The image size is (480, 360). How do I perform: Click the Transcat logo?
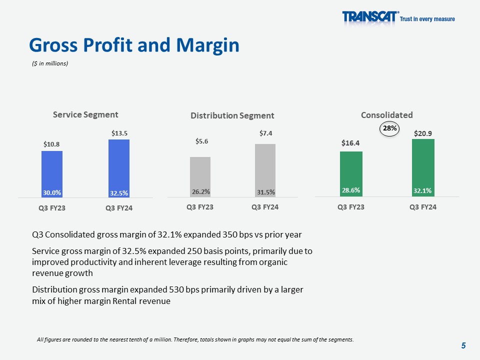coord(370,17)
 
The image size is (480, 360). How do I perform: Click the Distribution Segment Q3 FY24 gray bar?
coord(265,170)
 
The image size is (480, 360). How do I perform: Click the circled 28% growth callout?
coord(390,128)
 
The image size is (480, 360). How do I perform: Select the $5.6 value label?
coord(200,141)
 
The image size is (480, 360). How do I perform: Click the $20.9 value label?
coord(423,133)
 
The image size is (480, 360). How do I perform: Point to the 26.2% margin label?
coord(200,191)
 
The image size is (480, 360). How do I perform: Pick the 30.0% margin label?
coord(52,192)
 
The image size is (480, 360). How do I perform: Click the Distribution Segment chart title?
coord(232,115)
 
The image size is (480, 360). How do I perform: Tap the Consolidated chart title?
coord(387,114)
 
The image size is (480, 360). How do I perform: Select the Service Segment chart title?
coord(86,114)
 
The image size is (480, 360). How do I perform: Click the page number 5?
coord(463,345)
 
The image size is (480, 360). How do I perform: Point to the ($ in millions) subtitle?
coord(49,63)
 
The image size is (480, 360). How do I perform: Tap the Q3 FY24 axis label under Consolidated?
coord(423,207)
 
